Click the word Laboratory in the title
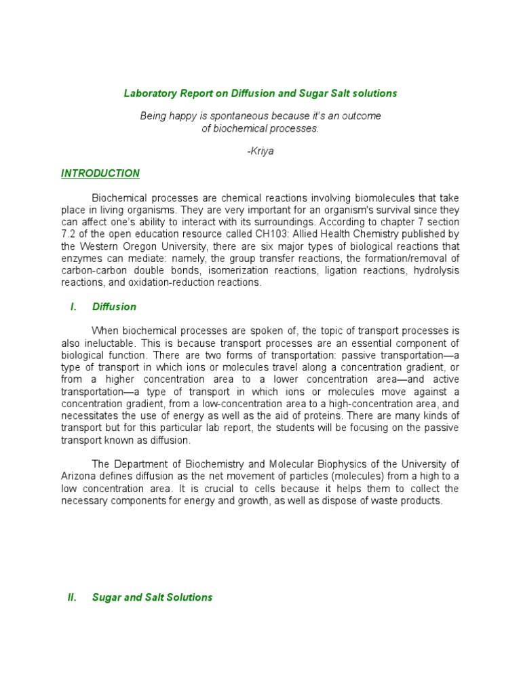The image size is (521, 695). point(147,93)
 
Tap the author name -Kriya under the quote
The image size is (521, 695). point(260,150)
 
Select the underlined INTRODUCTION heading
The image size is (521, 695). point(100,173)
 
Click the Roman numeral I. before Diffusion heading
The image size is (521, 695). point(73,307)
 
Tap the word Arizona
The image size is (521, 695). point(79,476)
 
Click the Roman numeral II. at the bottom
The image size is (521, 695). point(73,597)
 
